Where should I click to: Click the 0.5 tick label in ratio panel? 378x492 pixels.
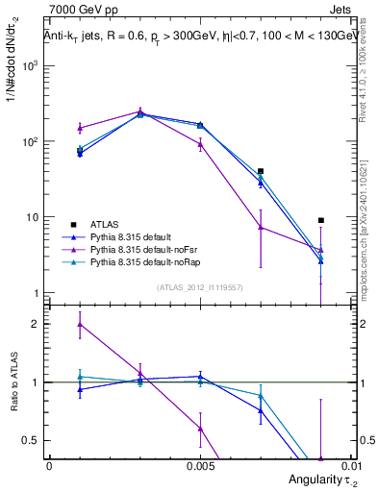pyautogui.click(x=32, y=440)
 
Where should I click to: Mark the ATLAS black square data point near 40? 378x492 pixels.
pyautogui.click(x=261, y=171)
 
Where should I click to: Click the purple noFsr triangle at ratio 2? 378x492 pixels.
pyautogui.click(x=80, y=324)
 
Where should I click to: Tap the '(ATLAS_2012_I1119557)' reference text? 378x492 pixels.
pyautogui.click(x=199, y=286)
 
